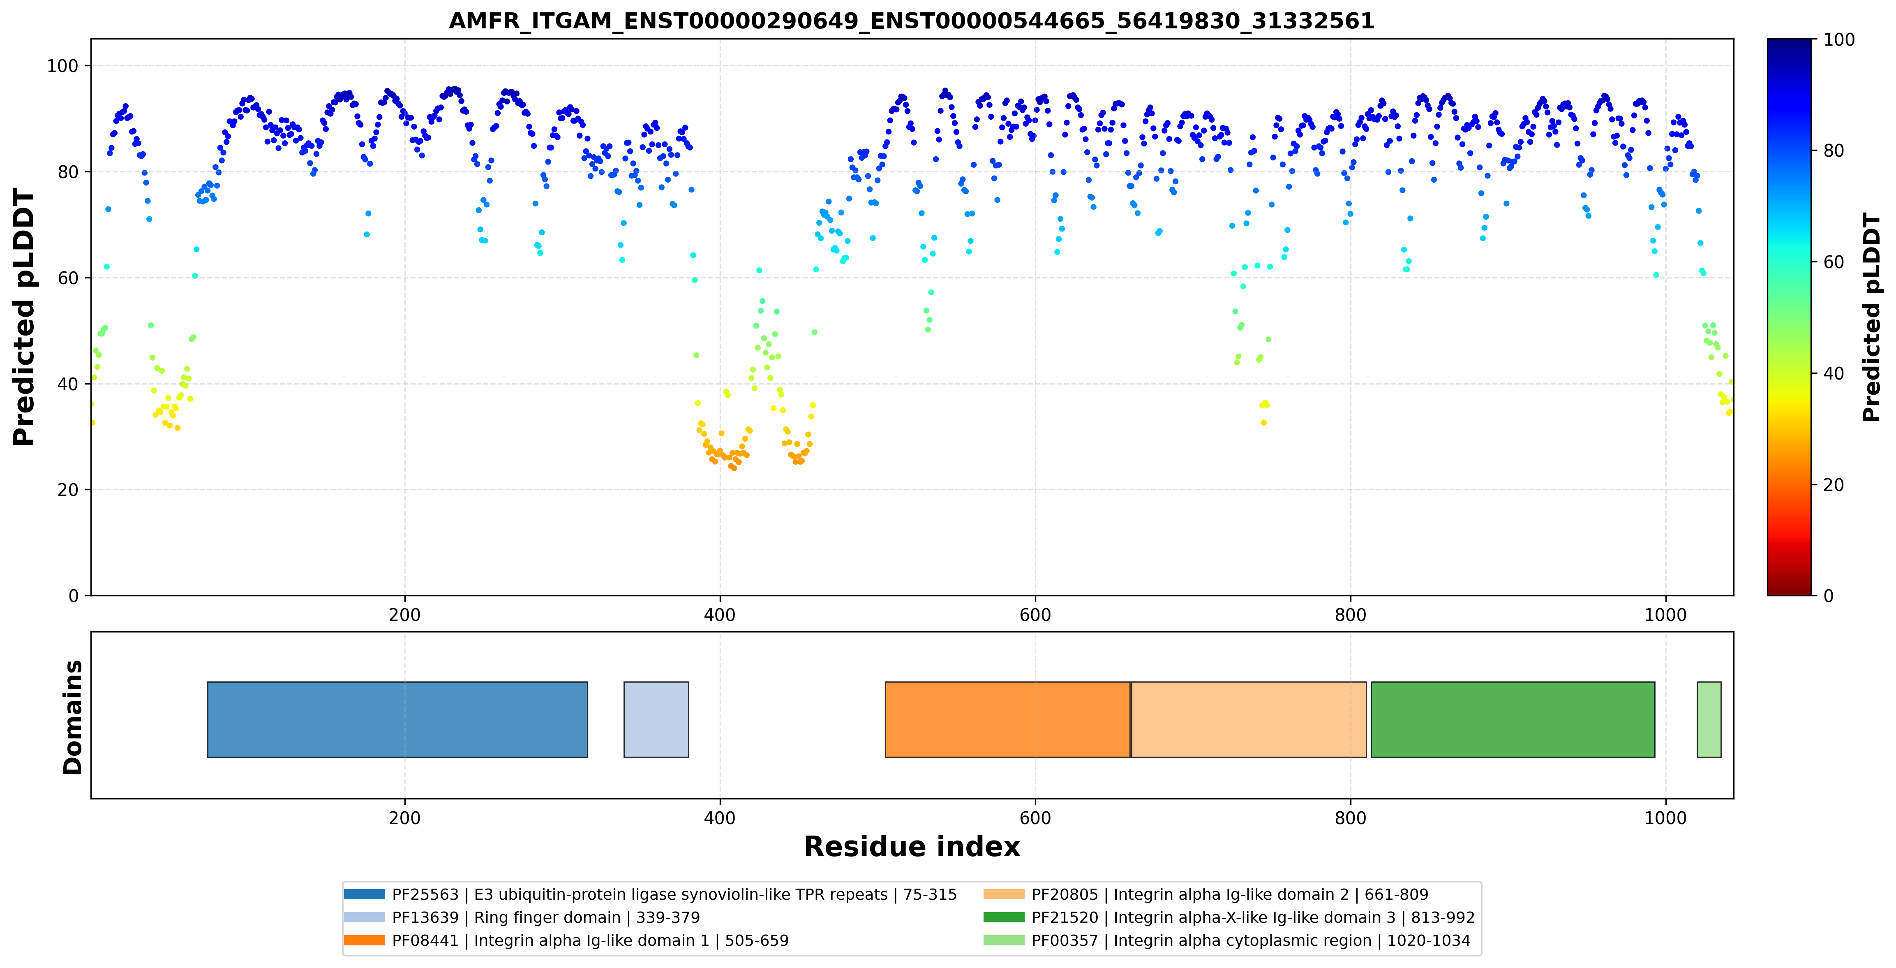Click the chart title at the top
911,21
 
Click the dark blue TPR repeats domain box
397,719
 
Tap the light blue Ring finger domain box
656,719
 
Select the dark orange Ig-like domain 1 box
1008,719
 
